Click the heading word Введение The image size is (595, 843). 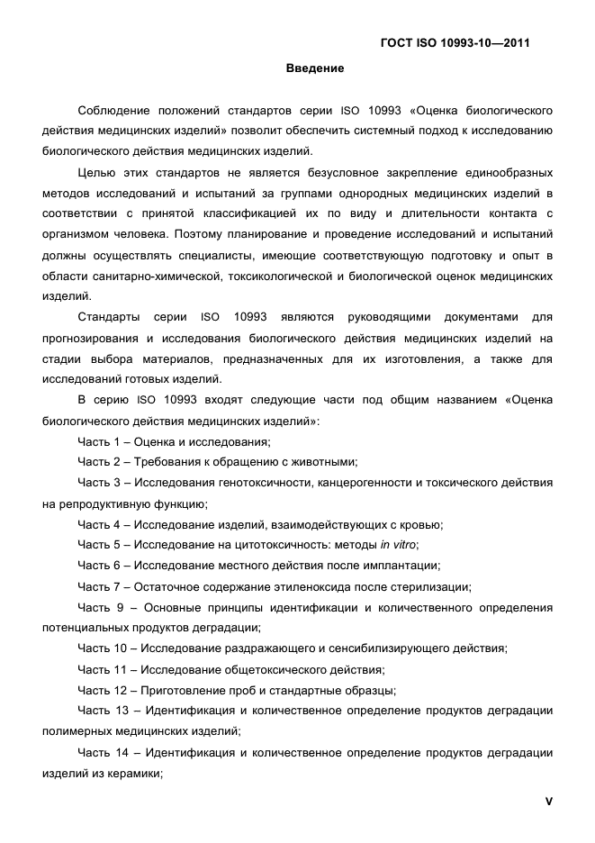(315, 68)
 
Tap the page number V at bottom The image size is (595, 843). (548, 802)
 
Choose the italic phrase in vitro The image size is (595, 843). (399, 545)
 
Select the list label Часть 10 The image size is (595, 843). (101, 648)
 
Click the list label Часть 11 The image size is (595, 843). (101, 669)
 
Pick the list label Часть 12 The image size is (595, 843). (101, 690)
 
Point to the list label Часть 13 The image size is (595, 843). (101, 712)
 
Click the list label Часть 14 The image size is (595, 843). (101, 753)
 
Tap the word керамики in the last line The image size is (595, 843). (134, 774)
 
